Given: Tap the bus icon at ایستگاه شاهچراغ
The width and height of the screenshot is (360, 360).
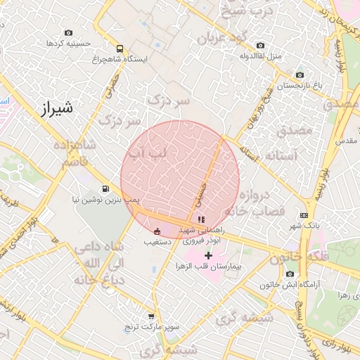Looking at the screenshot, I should click(x=120, y=49).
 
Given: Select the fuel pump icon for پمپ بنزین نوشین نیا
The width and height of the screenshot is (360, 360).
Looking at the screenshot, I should click(x=105, y=188).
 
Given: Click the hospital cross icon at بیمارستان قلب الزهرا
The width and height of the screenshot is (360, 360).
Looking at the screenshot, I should click(x=208, y=255).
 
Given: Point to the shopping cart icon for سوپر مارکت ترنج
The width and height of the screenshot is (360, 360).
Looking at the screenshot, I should click(x=151, y=316).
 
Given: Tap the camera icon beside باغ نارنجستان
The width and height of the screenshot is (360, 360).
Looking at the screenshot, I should click(x=300, y=75).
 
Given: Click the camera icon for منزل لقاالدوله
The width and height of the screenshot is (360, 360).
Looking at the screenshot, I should click(x=261, y=45).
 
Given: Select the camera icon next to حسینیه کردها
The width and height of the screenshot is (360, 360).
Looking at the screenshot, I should click(x=68, y=32).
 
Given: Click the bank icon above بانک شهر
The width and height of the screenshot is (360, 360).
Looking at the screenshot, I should click(x=304, y=215).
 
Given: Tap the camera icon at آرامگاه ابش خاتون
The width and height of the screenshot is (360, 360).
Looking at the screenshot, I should click(x=290, y=274).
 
